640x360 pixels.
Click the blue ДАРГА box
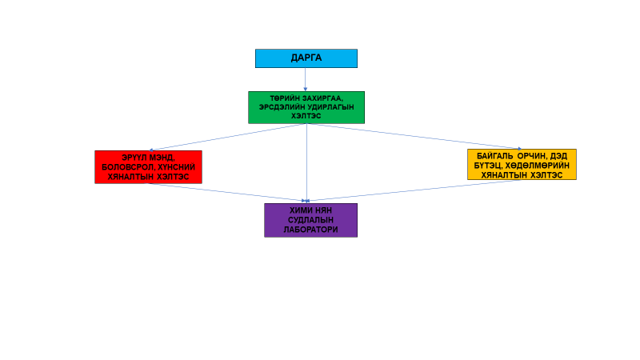point(306,58)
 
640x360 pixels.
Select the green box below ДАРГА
point(306,107)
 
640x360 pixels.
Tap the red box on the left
point(148,166)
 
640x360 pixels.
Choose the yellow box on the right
point(522,164)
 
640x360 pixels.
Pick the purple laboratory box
point(310,220)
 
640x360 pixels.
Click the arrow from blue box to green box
point(306,79)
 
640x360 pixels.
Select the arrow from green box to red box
point(228,136)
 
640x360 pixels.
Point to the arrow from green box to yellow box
point(416,136)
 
